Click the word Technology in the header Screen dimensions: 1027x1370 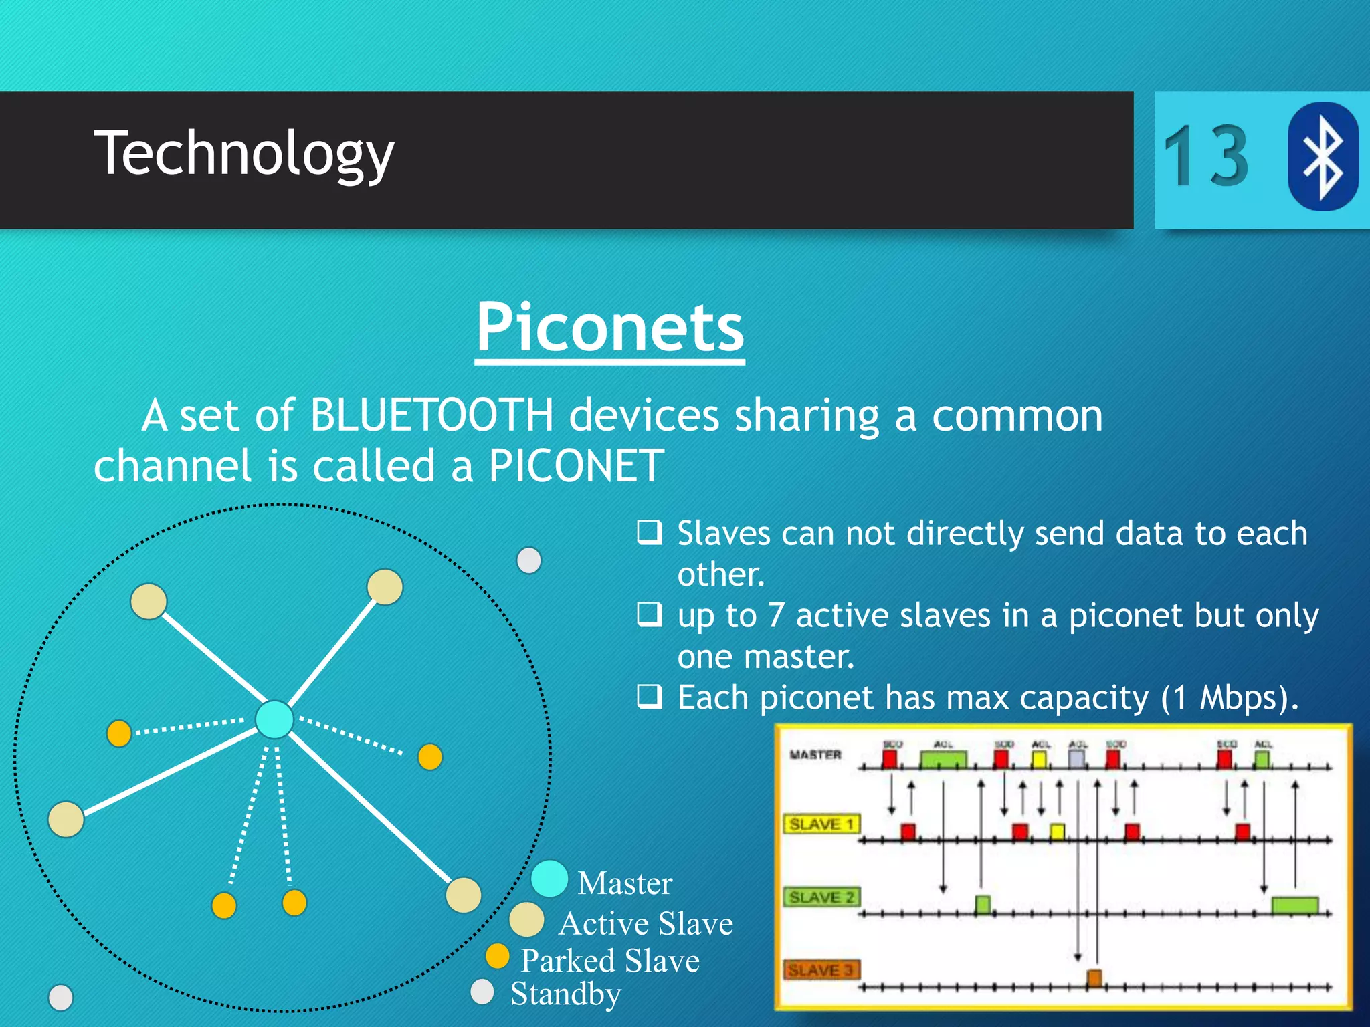pos(243,154)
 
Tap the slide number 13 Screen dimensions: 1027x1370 pos(1205,156)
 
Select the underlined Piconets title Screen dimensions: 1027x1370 pos(609,328)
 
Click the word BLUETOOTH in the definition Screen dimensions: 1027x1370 pos(431,415)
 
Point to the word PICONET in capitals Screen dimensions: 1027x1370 pos(576,466)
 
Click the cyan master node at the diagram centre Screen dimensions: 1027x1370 pos(274,719)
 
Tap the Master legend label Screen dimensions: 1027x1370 pos(624,883)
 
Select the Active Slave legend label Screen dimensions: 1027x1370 pos(646,923)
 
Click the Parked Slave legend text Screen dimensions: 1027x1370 pos(609,961)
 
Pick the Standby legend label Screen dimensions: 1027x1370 pos(565,994)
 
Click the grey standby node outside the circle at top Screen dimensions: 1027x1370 pos(529,560)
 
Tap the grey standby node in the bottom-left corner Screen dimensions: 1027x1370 pos(61,998)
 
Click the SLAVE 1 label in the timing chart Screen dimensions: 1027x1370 pos(821,824)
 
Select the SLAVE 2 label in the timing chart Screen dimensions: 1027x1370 pos(821,897)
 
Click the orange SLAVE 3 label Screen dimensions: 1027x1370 pos(821,969)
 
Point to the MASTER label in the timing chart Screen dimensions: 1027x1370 pos(815,755)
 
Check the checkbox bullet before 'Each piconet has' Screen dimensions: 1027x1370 pos(649,696)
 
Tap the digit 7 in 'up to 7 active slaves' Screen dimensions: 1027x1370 pos(775,616)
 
